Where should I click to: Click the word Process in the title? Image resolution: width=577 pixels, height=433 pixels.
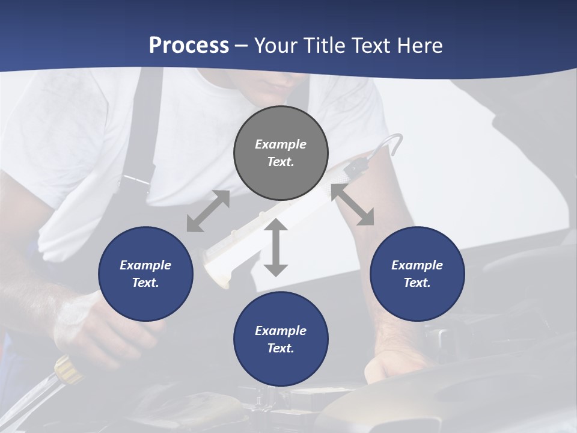(x=189, y=46)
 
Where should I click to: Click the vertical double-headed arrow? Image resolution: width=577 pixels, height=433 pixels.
(x=276, y=248)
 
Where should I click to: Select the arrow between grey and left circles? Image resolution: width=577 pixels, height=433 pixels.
(x=208, y=211)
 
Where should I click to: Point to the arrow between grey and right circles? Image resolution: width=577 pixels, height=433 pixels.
(x=352, y=205)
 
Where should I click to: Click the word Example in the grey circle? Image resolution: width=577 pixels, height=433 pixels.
(x=281, y=144)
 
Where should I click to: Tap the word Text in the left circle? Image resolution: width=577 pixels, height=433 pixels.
(x=145, y=283)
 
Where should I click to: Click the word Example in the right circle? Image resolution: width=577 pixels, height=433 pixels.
(x=417, y=265)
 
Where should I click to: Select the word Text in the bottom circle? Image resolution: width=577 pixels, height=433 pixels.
(x=281, y=348)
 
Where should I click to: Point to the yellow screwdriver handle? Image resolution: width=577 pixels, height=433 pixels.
(x=67, y=369)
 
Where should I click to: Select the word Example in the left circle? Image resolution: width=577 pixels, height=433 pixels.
(x=145, y=265)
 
